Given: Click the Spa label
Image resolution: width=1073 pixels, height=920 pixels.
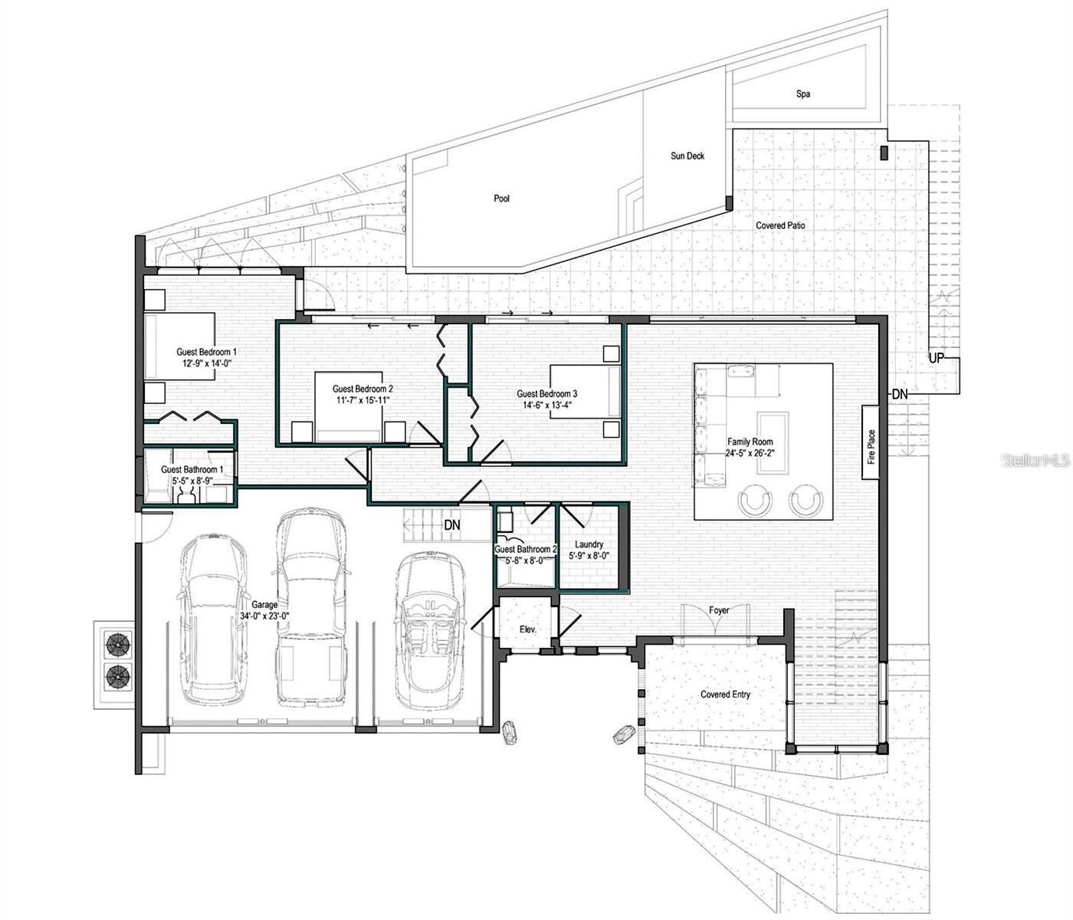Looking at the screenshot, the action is [802, 94].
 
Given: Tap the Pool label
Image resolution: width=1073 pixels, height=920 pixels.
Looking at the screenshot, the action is [501, 199].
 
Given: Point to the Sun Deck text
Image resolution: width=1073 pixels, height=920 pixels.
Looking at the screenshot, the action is [687, 156].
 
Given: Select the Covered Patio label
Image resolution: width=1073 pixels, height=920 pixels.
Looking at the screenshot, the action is [779, 225].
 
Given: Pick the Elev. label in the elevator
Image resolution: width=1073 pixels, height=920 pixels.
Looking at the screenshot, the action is [527, 629].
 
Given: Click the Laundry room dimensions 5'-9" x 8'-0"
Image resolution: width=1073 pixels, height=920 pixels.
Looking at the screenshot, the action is [589, 556].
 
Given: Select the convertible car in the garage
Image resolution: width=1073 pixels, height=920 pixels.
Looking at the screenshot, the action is [430, 630].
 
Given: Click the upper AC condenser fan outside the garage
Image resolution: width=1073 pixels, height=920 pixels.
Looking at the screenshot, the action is [118, 645].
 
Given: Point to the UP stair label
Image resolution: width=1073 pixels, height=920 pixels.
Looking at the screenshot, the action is [936, 358].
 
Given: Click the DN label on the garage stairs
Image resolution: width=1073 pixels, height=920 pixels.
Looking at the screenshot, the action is [451, 525].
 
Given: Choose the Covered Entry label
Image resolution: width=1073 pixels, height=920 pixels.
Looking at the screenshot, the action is [725, 694].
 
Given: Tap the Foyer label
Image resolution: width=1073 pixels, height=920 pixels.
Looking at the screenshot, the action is [718, 610].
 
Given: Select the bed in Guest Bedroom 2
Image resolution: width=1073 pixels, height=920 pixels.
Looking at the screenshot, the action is [348, 407].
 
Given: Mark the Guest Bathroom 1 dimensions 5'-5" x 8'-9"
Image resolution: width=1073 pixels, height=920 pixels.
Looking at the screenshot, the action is [192, 481].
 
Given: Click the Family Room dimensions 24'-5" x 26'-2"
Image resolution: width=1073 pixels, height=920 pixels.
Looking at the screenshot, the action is [750, 453].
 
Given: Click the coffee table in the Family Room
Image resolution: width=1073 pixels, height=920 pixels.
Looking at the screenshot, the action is [773, 443].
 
